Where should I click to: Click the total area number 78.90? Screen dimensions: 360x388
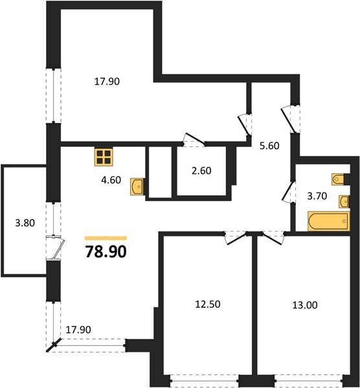coord(106,252)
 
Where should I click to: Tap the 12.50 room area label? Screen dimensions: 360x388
coord(208,305)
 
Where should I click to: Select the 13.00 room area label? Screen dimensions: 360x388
coord(305,305)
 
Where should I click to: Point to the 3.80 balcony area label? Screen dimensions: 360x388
coord(25,223)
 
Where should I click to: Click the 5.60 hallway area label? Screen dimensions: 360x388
coord(269,145)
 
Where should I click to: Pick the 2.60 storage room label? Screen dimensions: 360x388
coord(201,171)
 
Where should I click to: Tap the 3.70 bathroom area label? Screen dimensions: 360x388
coord(317,196)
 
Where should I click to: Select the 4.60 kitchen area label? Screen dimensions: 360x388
coord(111,180)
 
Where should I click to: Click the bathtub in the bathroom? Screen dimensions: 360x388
coord(328,221)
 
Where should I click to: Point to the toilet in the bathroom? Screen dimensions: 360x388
coord(338,179)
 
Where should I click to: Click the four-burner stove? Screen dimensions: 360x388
coord(104,157)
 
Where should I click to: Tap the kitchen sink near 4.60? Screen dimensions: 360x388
coord(137,186)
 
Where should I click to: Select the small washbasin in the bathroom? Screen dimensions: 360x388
coord(344,201)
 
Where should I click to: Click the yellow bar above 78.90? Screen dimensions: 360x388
coord(106,238)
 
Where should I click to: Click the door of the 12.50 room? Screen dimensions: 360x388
coord(236,239)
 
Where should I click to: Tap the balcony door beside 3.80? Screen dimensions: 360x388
coord(56,248)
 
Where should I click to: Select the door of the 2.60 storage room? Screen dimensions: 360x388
coord(194,140)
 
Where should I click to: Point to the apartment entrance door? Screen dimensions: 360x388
coord(289,120)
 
